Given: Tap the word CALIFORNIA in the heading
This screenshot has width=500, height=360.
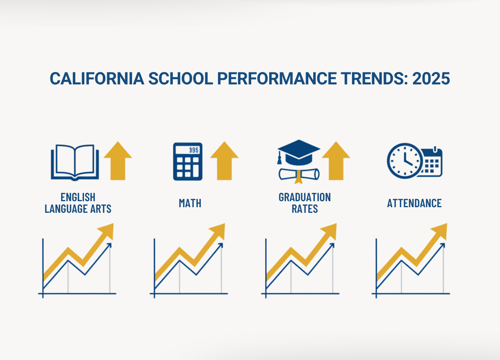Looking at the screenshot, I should tap(97, 79).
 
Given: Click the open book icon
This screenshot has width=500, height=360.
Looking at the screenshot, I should tap(74, 162).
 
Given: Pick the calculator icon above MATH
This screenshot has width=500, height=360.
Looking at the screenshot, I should tap(188, 161).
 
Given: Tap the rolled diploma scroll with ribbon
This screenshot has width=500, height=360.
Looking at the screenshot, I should tap(299, 174).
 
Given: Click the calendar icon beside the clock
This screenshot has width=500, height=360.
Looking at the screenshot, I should tap(432, 162).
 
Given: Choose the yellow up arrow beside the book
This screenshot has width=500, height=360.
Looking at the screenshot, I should tap(118, 160).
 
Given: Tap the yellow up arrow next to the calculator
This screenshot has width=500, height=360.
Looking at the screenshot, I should tap(224, 160).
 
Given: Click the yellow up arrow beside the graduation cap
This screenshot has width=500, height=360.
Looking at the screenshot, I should tap(336, 160).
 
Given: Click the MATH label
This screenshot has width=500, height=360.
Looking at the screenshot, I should tap(190, 203).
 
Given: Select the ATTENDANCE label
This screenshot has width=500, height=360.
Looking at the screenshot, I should tap(414, 203).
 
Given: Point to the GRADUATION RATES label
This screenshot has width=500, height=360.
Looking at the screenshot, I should tap(304, 203).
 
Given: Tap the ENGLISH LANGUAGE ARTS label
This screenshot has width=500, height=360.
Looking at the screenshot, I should tap(78, 203).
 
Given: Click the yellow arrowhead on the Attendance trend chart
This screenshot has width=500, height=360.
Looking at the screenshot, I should tap(440, 230).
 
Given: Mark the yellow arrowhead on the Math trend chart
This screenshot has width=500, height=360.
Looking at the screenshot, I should tap(218, 230).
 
